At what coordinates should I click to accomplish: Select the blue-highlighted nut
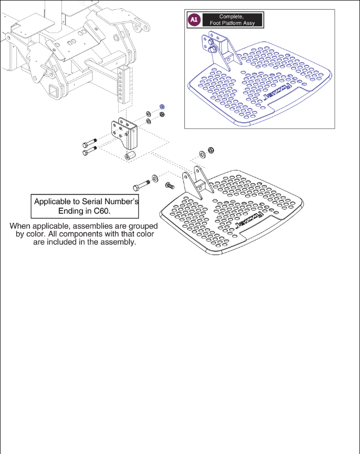[x=162, y=108]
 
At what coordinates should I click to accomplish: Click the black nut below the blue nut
[x=162, y=114]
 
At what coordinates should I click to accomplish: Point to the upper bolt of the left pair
[x=89, y=145]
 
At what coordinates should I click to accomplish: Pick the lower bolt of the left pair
[x=89, y=152]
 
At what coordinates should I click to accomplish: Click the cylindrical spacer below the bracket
[x=130, y=157]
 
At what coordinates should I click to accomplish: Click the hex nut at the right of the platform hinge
[x=211, y=150]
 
